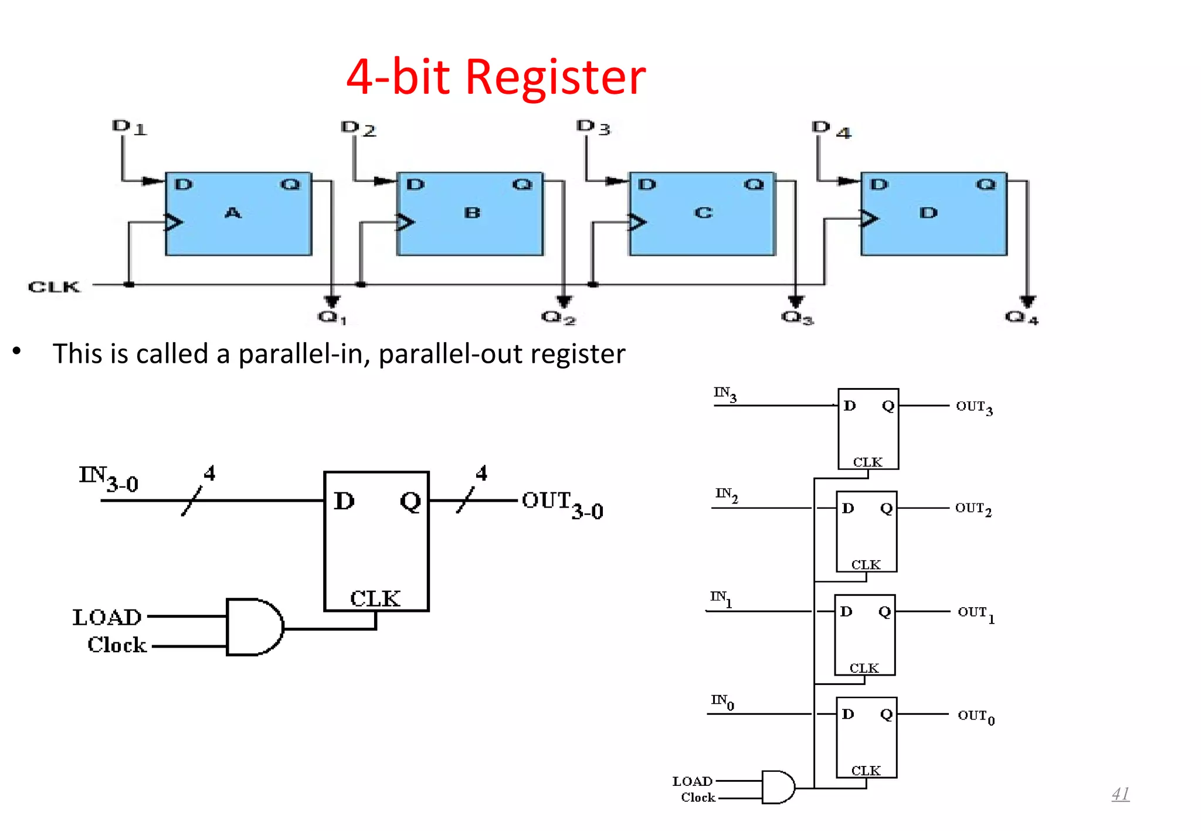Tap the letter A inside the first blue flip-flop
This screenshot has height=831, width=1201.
click(x=233, y=213)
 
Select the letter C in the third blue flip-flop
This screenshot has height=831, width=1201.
click(x=703, y=213)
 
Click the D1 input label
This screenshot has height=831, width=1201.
click(x=129, y=127)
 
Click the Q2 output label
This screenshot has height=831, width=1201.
click(x=558, y=318)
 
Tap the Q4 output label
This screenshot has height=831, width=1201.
click(x=1021, y=318)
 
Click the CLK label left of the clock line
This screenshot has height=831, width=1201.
click(x=53, y=287)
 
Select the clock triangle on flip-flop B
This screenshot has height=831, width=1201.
click(x=405, y=222)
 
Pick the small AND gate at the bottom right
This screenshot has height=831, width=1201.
click(x=778, y=787)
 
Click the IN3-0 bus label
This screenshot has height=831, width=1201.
click(x=108, y=478)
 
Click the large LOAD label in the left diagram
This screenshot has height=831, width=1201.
click(x=107, y=617)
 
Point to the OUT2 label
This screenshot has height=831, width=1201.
click(x=973, y=509)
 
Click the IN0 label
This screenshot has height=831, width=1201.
click(x=722, y=701)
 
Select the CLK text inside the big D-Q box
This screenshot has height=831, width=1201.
click(x=375, y=598)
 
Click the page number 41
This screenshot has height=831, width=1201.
click(x=1120, y=794)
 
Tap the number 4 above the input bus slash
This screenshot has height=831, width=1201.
click(x=209, y=473)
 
